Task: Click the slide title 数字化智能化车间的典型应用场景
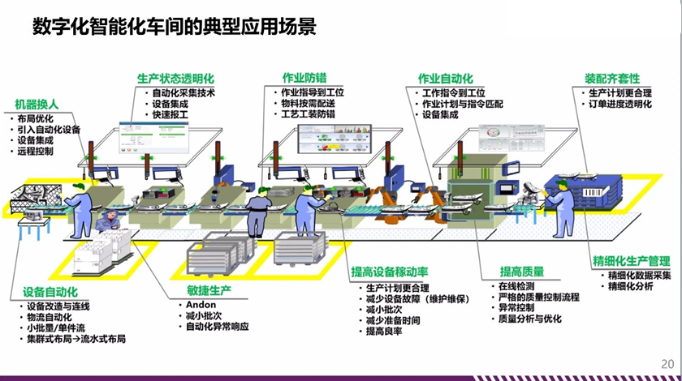174,26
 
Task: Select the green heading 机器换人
37,104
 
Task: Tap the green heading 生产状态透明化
175,79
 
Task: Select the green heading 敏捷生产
198,290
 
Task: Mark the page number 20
667,363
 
